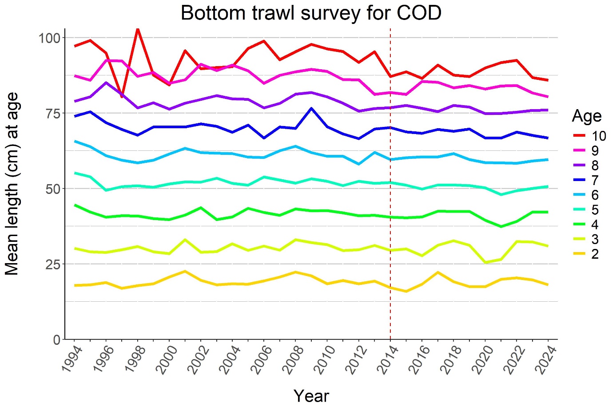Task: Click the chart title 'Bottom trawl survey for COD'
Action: (x=311, y=13)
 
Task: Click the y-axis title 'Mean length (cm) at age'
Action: (x=12, y=184)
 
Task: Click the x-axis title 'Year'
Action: (x=311, y=396)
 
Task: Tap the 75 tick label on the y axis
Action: (x=52, y=113)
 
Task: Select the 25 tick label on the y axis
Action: (x=52, y=264)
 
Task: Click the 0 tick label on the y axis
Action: (x=56, y=340)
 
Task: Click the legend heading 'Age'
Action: (x=587, y=116)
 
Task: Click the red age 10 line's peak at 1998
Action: (x=138, y=29)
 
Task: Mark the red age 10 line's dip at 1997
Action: (x=122, y=96)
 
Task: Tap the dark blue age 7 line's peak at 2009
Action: (x=311, y=108)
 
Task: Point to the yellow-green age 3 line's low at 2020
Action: (x=485, y=262)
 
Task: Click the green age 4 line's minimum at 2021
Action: (x=501, y=226)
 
